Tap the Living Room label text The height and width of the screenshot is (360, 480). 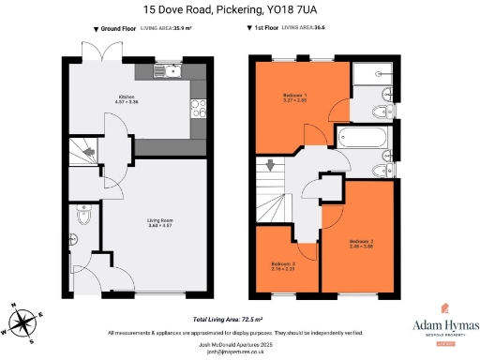coord(159,223)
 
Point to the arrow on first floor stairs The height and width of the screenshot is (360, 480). coord(271,168)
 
